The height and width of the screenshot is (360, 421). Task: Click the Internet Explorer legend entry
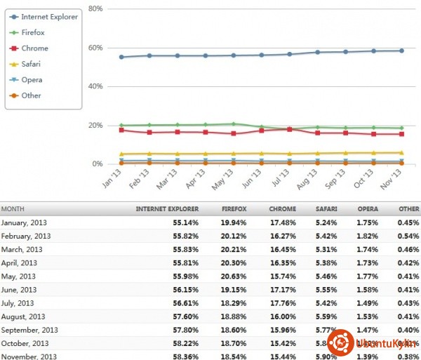49,16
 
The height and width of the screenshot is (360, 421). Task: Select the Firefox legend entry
34,32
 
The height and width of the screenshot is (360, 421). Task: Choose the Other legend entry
32,95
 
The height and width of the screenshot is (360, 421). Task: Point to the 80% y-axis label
97,8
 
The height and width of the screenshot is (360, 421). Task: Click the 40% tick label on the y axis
97,86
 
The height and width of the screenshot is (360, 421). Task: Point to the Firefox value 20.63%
233,276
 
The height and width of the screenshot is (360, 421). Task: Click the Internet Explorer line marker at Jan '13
121,57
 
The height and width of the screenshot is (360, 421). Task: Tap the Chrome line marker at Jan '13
121,130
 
